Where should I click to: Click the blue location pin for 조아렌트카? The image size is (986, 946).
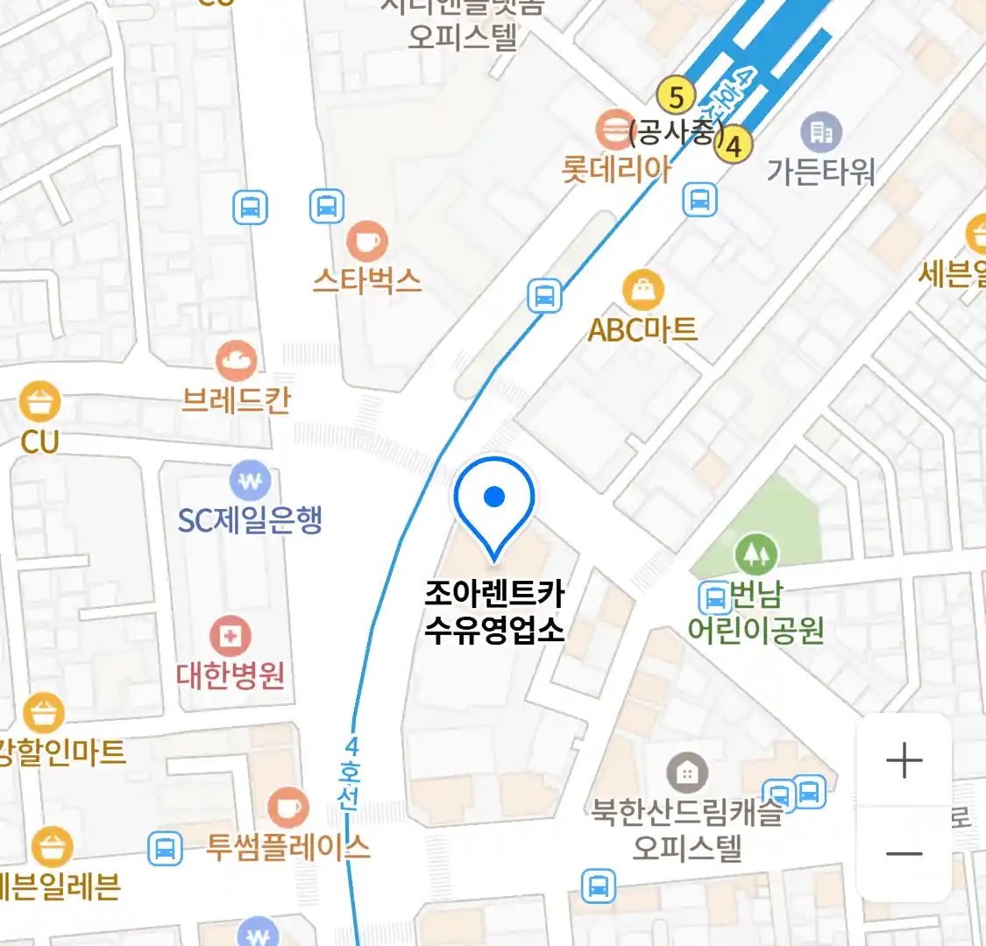(x=494, y=498)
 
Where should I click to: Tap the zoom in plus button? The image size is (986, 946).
(x=904, y=760)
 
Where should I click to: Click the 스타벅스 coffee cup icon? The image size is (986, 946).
(x=367, y=241)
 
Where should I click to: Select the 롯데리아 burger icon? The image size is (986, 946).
(x=616, y=131)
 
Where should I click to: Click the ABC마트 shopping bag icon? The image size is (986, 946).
(x=643, y=290)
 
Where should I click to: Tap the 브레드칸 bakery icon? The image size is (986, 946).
(x=236, y=360)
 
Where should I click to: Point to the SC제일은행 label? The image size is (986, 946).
(x=250, y=520)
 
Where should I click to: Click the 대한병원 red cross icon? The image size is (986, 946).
(x=231, y=637)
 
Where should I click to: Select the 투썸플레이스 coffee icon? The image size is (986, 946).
(x=287, y=808)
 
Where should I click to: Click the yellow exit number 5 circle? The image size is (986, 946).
(x=676, y=96)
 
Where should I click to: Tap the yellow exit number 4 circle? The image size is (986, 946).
(x=734, y=145)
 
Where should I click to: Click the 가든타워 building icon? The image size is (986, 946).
(x=820, y=132)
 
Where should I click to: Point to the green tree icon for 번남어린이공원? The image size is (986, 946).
(x=755, y=554)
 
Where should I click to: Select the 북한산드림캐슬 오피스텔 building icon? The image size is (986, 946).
(x=687, y=773)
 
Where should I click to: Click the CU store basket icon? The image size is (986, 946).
(x=39, y=403)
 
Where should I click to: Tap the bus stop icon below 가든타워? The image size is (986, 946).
(x=699, y=201)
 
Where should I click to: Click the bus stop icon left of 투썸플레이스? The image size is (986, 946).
(x=165, y=848)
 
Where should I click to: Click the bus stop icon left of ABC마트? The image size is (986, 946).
(x=544, y=296)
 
